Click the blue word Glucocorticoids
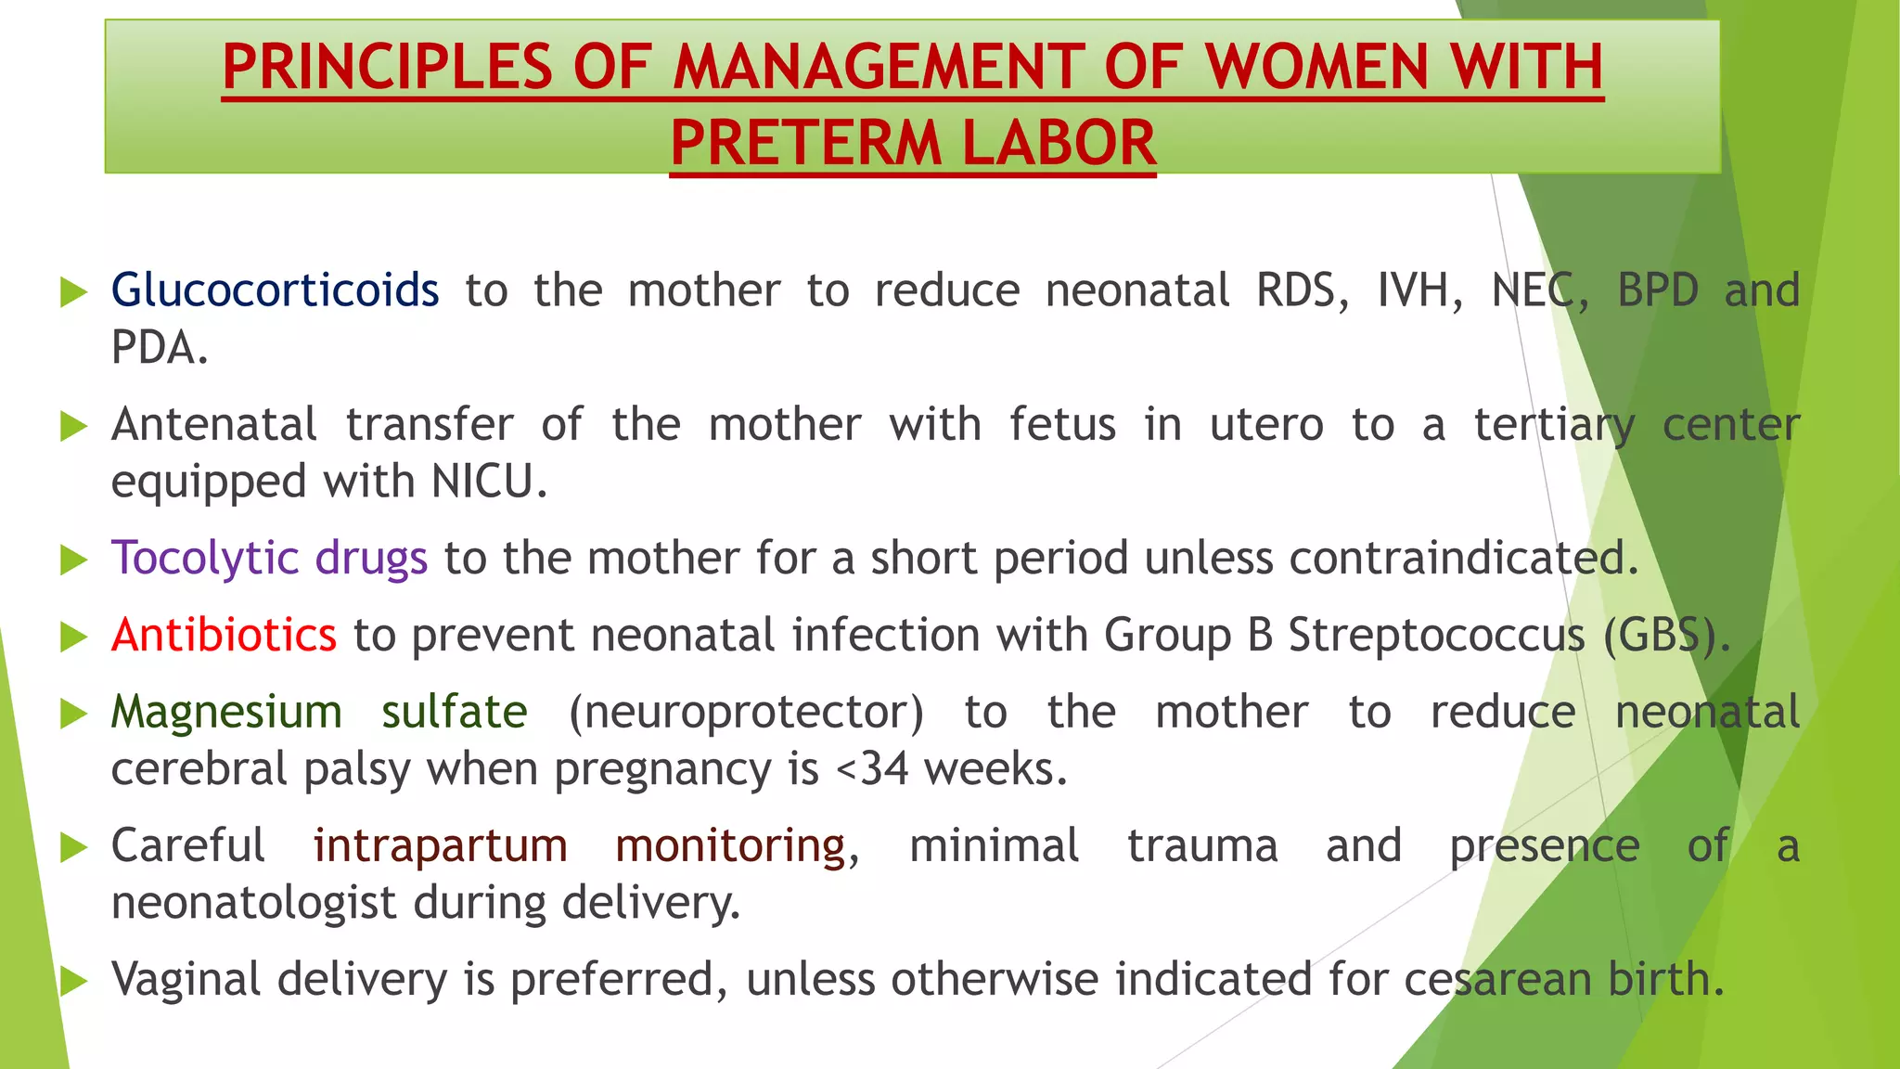point(275,290)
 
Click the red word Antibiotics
point(224,636)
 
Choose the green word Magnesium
point(226,713)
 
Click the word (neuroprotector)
point(746,713)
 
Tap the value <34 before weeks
point(872,770)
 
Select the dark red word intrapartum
point(440,846)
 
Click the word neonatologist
point(253,903)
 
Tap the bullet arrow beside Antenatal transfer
point(73,426)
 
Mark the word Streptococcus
point(1437,636)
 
